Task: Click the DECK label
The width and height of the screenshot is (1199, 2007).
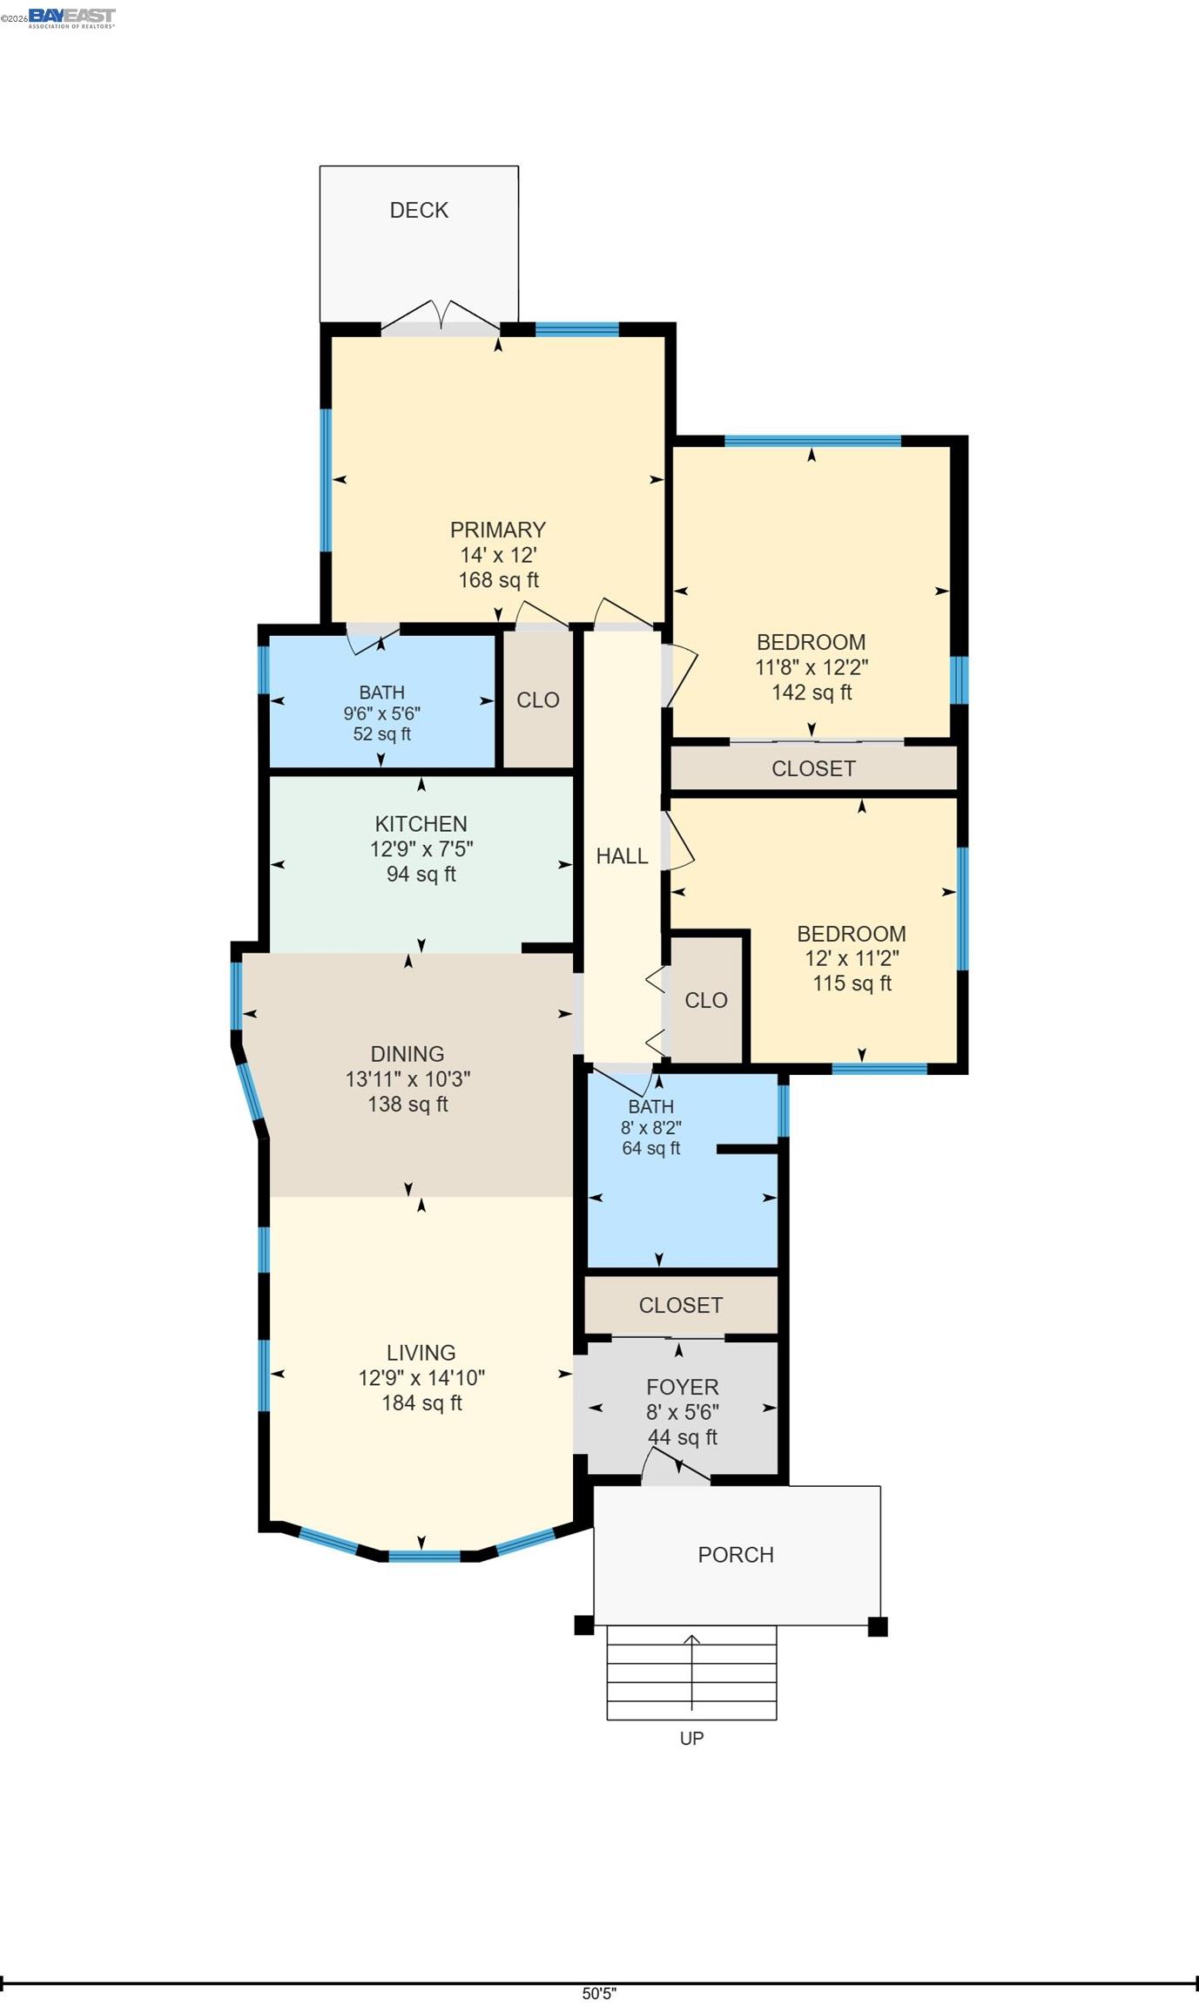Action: [419, 210]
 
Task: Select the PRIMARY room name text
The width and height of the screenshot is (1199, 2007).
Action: [498, 530]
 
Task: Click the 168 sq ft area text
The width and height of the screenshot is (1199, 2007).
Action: [498, 580]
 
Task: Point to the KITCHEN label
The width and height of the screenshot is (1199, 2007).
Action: [421, 823]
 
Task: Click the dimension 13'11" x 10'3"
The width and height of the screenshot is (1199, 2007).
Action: [408, 1079]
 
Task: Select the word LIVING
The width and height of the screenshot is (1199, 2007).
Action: [421, 1353]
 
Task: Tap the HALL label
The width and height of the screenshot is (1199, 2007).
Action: [622, 856]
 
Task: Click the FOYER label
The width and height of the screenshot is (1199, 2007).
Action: [682, 1388]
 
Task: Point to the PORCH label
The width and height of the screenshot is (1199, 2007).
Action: [736, 1555]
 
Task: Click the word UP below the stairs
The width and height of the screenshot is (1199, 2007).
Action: [691, 1738]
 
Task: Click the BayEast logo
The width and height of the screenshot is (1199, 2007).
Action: [71, 17]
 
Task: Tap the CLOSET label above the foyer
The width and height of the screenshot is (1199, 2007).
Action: [680, 1305]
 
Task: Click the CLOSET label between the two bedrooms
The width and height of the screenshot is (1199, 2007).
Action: [813, 768]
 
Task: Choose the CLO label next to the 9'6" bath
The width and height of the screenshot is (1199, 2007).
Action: [537, 700]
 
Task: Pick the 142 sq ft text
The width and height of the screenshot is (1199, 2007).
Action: [812, 693]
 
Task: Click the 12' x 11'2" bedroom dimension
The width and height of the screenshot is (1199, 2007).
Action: [852, 958]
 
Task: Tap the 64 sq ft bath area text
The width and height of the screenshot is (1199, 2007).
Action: [650, 1148]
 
